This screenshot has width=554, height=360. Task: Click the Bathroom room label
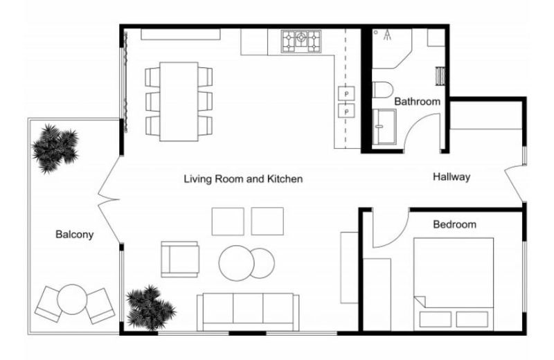(418, 101)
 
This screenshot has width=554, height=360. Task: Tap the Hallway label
(452, 177)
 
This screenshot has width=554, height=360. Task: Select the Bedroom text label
(455, 224)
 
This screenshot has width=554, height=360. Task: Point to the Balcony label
(75, 234)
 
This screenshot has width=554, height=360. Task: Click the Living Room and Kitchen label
(243, 179)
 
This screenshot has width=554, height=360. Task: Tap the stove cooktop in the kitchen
(301, 42)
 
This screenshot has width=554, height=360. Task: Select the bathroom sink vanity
(384, 127)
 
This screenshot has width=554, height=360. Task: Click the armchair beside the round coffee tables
(180, 260)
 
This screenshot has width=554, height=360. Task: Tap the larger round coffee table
(236, 263)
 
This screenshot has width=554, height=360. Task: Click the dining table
(179, 102)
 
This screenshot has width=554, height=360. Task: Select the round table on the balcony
(72, 299)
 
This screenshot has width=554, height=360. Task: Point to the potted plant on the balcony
(55, 148)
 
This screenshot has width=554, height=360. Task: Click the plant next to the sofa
(150, 307)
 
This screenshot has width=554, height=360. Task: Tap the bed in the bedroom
(454, 284)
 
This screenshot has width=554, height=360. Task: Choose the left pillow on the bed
(436, 319)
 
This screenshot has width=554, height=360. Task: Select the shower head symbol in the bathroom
(388, 35)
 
